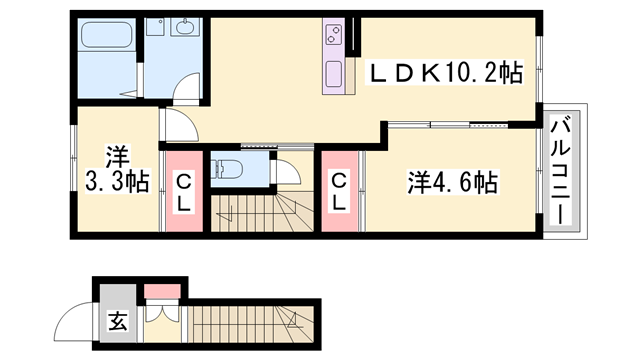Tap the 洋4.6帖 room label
452,183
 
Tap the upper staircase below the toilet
262,214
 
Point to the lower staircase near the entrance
250,321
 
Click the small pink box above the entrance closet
159,292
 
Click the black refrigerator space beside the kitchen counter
352,38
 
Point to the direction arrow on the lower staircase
293,320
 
